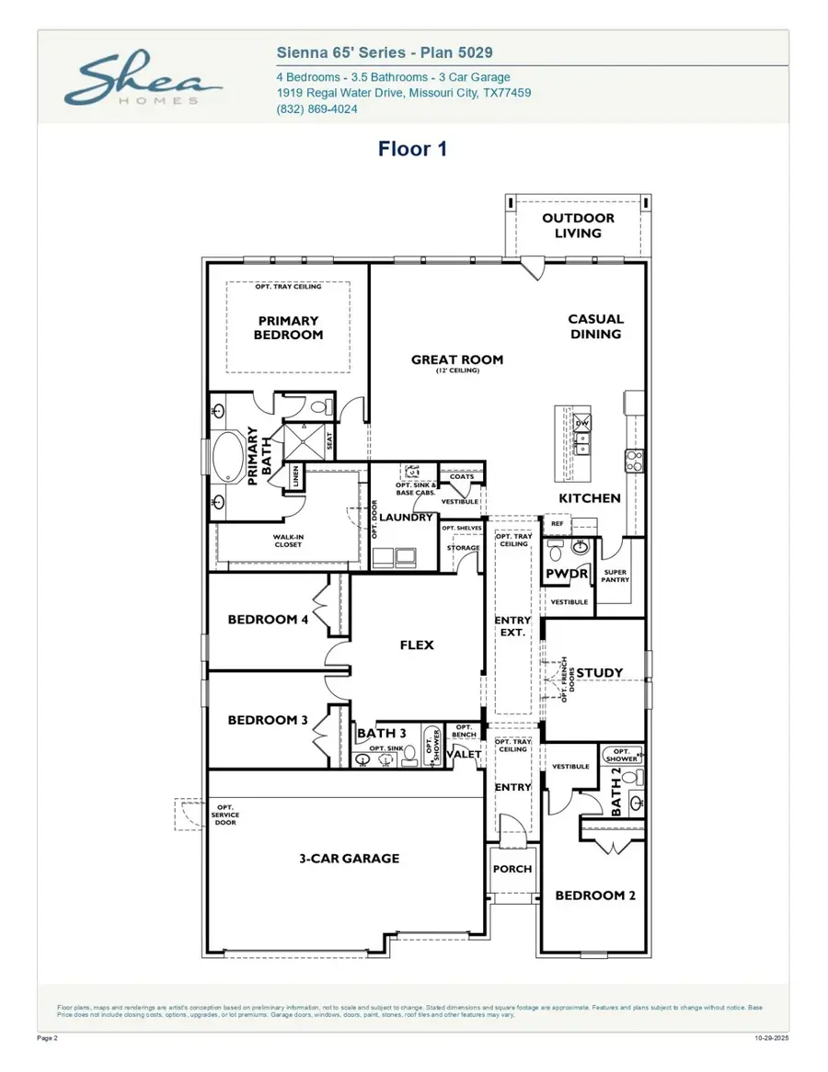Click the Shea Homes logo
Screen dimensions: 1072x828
[x=144, y=80]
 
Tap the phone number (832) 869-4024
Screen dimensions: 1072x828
[x=317, y=109]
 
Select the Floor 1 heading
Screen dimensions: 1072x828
[x=412, y=149]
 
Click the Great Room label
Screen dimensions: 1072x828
[x=456, y=360]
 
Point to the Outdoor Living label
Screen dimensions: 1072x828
[x=578, y=225]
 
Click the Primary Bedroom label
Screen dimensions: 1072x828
[x=288, y=328]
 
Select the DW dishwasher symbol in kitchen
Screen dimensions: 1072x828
[x=582, y=423]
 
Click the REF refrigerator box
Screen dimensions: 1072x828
[x=557, y=523]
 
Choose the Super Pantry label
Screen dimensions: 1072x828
[x=614, y=576]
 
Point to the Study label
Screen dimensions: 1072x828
[x=599, y=672]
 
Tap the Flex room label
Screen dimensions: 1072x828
[x=416, y=644]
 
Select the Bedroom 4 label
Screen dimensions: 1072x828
[x=268, y=619]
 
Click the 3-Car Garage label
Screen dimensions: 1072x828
[x=349, y=858]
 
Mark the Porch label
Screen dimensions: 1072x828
[x=512, y=869]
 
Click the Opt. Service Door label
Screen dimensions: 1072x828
[x=225, y=815]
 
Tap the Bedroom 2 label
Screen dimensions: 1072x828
[x=594, y=895]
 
